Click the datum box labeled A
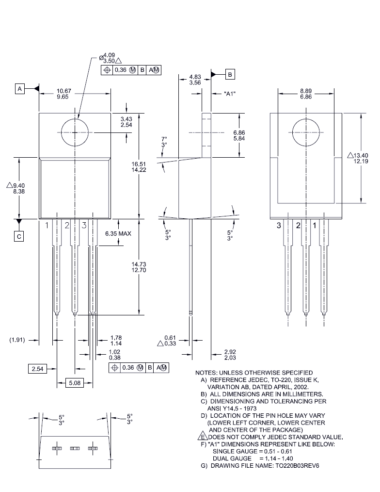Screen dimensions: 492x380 coord(20,89)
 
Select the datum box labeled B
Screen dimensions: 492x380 coord(230,74)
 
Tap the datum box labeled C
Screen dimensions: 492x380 coord(19,236)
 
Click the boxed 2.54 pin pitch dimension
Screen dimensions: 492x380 coord(37,369)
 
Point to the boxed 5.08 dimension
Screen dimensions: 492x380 coord(74,383)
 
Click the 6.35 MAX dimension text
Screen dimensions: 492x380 coord(118,233)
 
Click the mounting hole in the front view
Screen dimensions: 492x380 coord(76,132)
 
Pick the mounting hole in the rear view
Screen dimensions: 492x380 coord(306,132)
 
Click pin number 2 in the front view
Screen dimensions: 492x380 coord(67,225)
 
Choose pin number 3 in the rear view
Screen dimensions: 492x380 coord(279,226)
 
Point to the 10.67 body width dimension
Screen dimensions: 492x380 coord(64,91)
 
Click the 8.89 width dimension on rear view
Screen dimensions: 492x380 coord(306,91)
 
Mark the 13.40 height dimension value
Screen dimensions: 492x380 coord(361,155)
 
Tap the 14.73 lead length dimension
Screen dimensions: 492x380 coord(139,264)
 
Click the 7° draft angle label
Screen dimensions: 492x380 coord(164,139)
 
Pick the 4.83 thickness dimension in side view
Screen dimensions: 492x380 coord(195,77)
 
